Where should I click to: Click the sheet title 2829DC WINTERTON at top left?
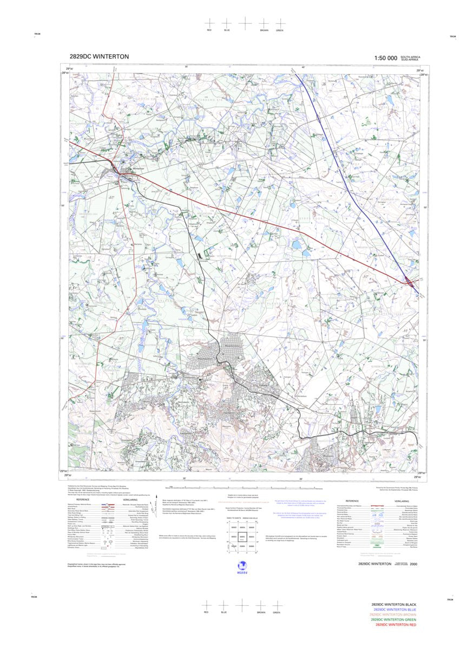coord(99,56)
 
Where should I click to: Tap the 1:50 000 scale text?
coord(385,57)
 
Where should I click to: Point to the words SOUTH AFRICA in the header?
coord(411,56)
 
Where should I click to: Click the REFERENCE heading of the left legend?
coord(83,500)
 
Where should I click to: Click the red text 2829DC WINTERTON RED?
coord(394,625)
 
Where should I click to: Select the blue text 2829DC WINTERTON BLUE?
coord(394,610)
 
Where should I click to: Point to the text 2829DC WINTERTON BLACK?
coord(394,604)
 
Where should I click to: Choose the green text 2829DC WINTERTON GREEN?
coord(394,620)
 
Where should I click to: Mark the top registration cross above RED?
coord(209,23)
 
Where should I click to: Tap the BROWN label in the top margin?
coord(264,30)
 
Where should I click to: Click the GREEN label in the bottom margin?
coord(276,612)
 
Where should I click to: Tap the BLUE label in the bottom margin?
coord(223,612)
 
